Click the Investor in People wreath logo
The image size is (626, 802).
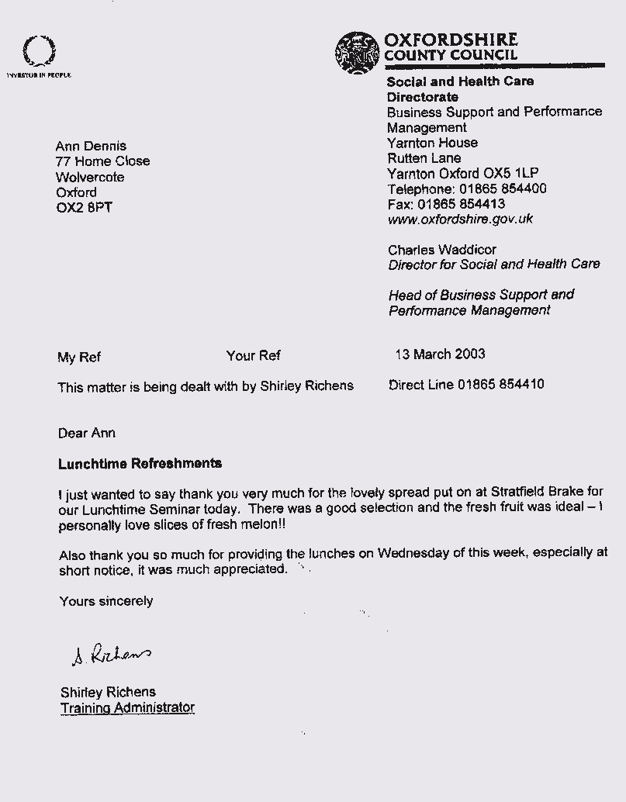coord(38,52)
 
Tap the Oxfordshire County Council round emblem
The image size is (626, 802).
coord(358,53)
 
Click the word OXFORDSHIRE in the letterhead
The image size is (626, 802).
coord(451,40)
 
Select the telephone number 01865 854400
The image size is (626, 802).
coord(501,189)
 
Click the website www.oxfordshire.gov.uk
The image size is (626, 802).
coord(460,220)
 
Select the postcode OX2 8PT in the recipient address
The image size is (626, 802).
coord(85,208)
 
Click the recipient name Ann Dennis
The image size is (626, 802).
coord(91,146)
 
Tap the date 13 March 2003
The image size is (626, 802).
coord(440,354)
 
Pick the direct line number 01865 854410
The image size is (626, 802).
coord(500,384)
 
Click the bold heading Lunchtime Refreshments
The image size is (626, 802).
coord(140,464)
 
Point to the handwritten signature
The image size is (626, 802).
coord(111,655)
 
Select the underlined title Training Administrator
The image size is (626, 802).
coord(127,707)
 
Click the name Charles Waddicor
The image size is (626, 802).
coord(442,250)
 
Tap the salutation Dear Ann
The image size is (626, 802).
coord(87,433)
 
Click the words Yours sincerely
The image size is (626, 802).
coord(106,601)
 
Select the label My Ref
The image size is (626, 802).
coord(79,358)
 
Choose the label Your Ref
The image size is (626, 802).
coord(254,356)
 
